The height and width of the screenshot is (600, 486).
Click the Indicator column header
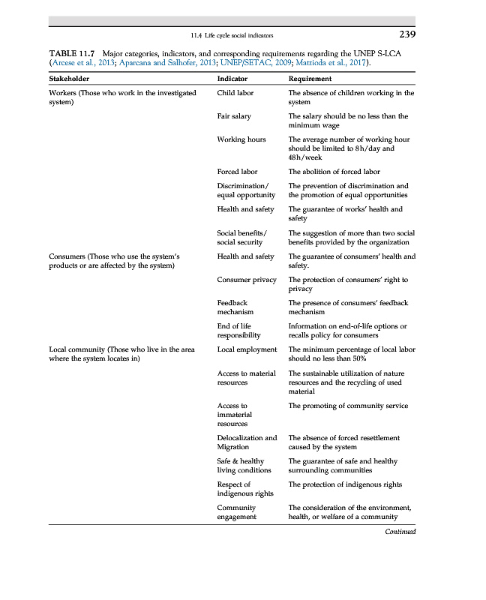[x=232, y=78]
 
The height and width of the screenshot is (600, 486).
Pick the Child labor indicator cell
[x=235, y=93]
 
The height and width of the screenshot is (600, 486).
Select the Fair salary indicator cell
[x=234, y=116]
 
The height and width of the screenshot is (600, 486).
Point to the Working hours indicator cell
[x=241, y=139]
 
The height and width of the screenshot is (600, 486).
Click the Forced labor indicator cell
[x=237, y=172]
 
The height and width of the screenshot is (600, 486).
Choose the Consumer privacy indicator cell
[x=246, y=280]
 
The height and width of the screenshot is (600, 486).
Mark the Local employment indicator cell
[x=247, y=349]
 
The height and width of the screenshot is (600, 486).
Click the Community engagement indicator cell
[x=236, y=512]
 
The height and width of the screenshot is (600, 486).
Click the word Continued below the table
[x=400, y=532]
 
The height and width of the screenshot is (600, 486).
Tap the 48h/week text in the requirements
[x=304, y=157]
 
